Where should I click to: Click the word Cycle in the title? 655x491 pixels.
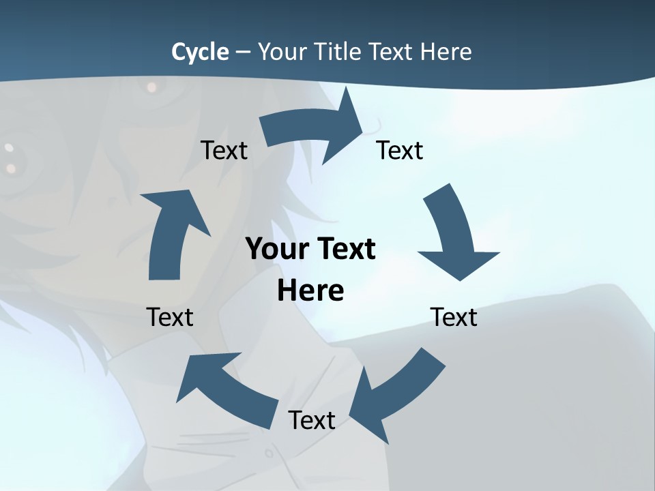[x=200, y=52]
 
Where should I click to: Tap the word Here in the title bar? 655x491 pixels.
[x=446, y=52]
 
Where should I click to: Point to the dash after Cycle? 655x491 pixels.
[x=242, y=53]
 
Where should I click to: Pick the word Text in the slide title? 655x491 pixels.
[x=392, y=52]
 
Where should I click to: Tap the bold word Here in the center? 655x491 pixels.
[x=310, y=291]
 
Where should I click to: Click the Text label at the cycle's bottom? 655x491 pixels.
[x=312, y=420]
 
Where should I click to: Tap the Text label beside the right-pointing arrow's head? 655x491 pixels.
[x=400, y=150]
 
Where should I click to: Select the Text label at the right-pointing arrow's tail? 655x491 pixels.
[x=224, y=150]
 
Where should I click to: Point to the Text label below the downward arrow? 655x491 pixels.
[x=454, y=317]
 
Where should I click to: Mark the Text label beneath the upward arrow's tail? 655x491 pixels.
[x=170, y=317]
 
